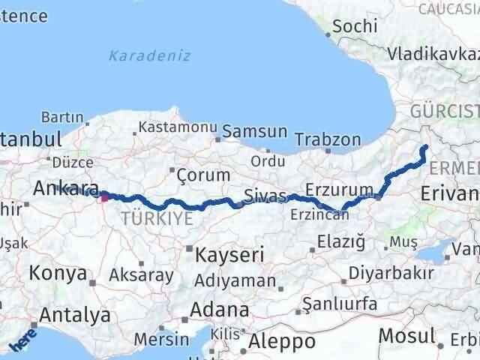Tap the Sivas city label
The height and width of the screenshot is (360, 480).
(265, 196)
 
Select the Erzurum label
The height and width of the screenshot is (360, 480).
(339, 190)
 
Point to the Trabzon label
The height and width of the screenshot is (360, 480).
(328, 139)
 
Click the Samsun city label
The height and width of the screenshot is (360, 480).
(255, 131)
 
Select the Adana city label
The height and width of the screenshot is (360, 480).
(220, 309)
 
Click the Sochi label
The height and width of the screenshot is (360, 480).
(354, 25)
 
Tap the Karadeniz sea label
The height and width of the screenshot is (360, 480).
(149, 55)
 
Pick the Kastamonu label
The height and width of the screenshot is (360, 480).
(178, 127)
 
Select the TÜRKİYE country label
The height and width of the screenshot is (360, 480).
(157, 218)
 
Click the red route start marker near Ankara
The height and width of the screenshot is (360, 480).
(104, 198)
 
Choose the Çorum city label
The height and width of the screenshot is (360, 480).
(202, 175)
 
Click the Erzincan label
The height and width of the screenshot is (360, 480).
(320, 214)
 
